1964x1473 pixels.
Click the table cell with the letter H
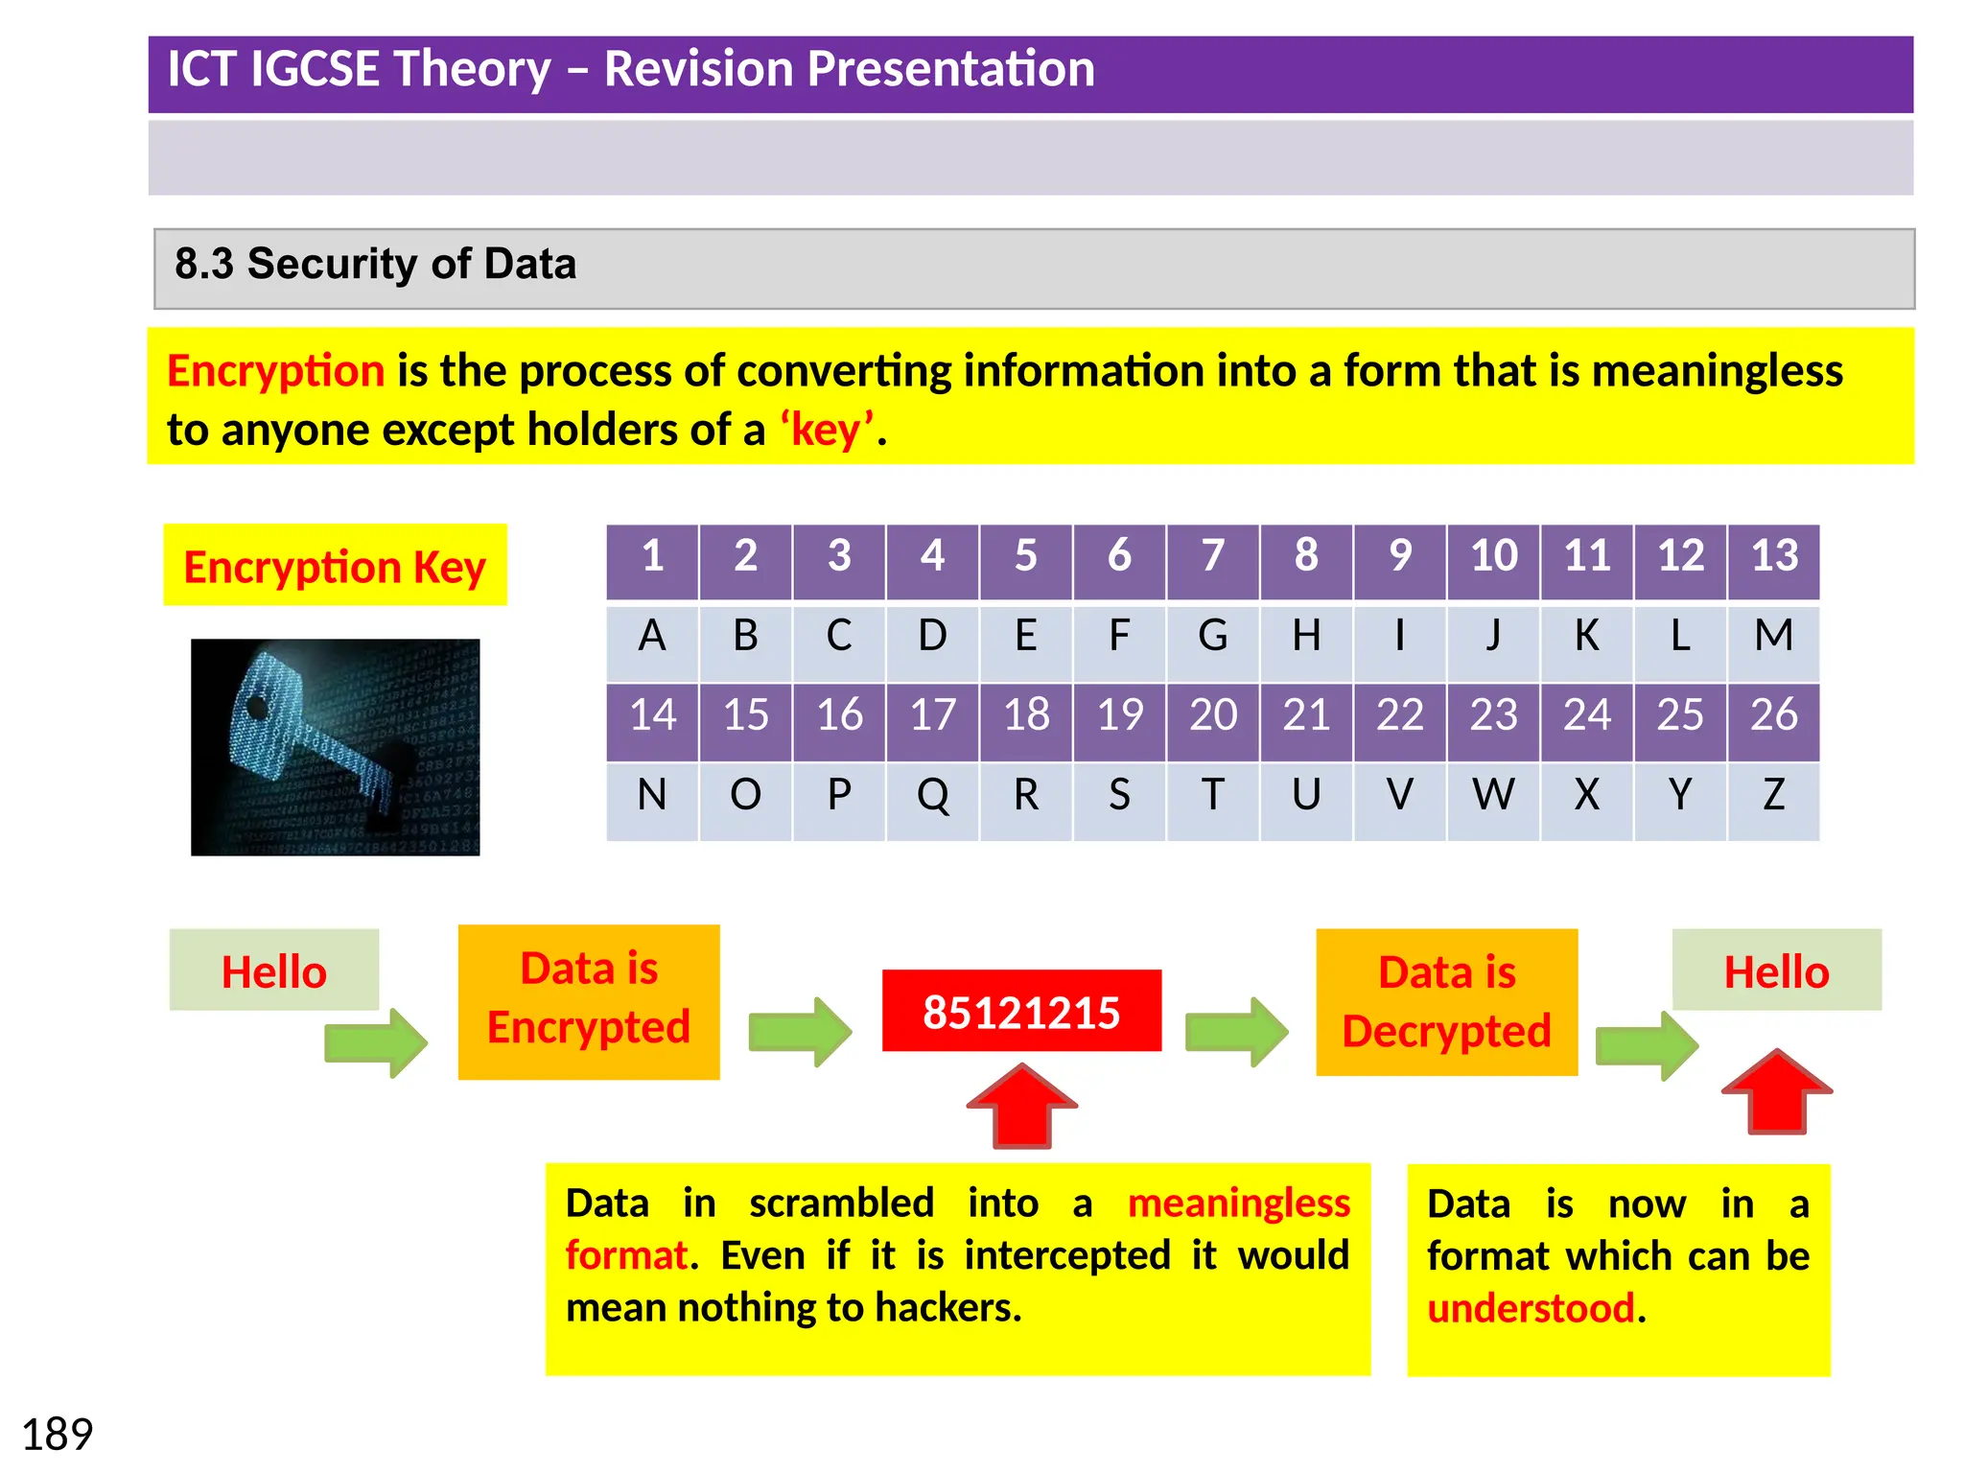[1306, 636]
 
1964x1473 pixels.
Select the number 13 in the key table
[1774, 556]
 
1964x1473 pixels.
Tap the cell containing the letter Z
[1774, 795]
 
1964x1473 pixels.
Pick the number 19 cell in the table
[1119, 715]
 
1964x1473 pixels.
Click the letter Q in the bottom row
[932, 795]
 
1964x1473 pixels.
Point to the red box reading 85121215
[1021, 1012]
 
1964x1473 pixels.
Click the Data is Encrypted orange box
[589, 1001]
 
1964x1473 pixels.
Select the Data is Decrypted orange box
[1446, 1002]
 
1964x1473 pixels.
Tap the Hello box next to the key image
[274, 970]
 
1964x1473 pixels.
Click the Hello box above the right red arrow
[1776, 970]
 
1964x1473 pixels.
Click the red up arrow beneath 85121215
[1022, 1108]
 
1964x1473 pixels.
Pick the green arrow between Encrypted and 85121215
[800, 1032]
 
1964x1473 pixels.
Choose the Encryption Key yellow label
[335, 566]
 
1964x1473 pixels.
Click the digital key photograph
[335, 747]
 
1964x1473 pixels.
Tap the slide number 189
[57, 1435]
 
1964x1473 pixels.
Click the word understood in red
[1531, 1309]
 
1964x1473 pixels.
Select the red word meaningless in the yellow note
[1238, 1204]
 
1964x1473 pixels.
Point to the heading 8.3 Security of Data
[375, 265]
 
